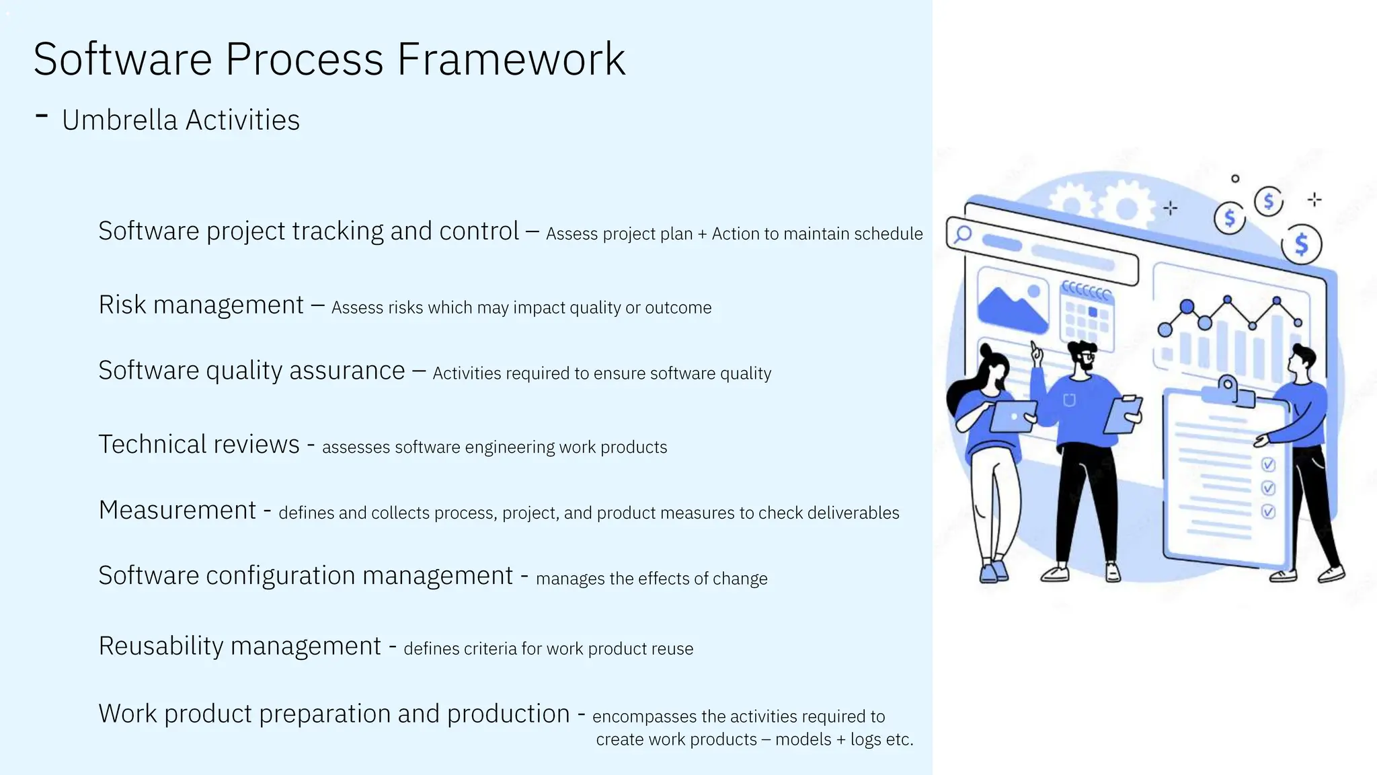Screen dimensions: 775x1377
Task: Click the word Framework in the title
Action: click(x=511, y=59)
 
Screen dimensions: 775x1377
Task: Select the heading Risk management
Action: click(x=201, y=305)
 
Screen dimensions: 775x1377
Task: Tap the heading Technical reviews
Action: click(x=199, y=445)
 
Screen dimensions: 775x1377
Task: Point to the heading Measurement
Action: click(x=178, y=510)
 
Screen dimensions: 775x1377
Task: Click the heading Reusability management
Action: click(x=240, y=646)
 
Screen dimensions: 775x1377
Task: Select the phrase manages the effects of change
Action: click(x=651, y=579)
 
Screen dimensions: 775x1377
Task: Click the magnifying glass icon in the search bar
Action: click(x=963, y=234)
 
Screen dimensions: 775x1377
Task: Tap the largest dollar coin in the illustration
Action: click(x=1301, y=244)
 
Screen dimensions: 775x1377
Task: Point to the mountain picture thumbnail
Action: click(x=1012, y=301)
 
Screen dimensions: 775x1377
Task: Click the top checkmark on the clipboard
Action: click(x=1268, y=465)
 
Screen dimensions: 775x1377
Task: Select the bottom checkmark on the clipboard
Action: click(x=1268, y=512)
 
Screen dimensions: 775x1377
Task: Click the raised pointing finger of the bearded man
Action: click(x=1035, y=349)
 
